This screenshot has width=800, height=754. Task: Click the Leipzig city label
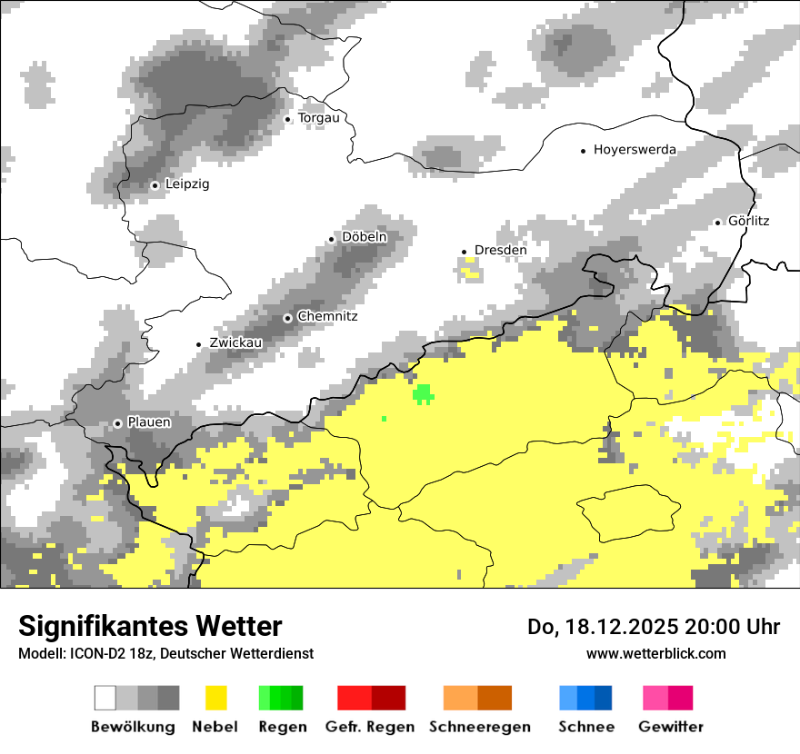[187, 184]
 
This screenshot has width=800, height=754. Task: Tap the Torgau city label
[318, 118]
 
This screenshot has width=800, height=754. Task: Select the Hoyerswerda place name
[635, 150]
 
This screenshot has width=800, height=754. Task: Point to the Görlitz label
[748, 221]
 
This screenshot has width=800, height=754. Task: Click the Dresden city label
[500, 251]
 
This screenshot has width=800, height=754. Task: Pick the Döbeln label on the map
[364, 237]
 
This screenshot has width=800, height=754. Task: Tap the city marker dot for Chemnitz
[288, 318]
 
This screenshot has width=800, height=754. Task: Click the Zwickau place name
[235, 343]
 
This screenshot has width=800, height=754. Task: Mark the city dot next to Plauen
[117, 423]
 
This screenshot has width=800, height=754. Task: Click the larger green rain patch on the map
[423, 393]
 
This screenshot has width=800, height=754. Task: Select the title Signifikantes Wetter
[150, 626]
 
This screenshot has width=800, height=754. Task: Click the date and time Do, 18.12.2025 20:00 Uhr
[653, 627]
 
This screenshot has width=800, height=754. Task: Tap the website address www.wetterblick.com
[655, 653]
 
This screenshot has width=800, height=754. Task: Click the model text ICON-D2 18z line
[165, 653]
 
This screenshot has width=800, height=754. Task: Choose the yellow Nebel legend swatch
[215, 698]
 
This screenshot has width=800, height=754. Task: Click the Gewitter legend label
[670, 727]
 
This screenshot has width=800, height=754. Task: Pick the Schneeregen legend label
[480, 727]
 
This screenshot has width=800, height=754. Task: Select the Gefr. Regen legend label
[369, 727]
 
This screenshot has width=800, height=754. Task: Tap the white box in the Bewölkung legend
[105, 698]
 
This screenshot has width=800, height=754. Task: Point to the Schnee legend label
[585, 727]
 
